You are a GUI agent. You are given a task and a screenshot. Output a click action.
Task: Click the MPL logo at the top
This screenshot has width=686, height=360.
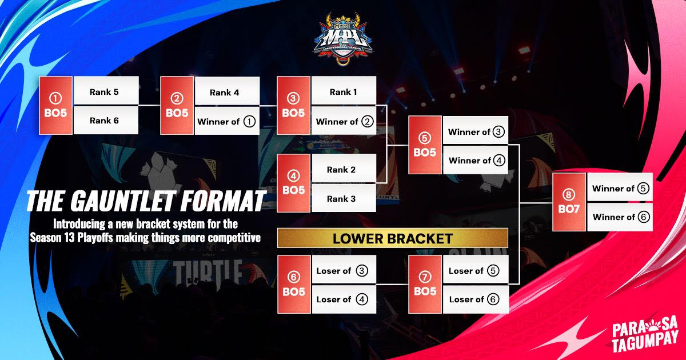click(x=343, y=35)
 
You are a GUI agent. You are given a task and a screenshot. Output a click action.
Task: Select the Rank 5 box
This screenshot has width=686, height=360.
click(x=106, y=91)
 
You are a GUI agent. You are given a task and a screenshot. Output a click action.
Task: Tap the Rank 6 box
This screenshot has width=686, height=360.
click(x=106, y=120)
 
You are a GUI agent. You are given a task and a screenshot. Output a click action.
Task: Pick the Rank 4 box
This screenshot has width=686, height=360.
click(x=227, y=91)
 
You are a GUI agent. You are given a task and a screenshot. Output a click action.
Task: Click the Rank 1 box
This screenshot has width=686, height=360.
click(x=344, y=91)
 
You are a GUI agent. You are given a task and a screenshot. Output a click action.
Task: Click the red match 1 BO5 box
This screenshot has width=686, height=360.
click(x=55, y=106)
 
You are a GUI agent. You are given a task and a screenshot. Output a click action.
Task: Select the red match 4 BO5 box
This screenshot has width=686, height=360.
click(x=294, y=183)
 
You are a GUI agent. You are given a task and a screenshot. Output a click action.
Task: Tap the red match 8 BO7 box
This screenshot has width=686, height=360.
click(x=569, y=202)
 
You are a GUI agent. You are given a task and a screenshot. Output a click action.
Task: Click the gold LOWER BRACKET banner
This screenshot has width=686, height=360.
click(x=392, y=238)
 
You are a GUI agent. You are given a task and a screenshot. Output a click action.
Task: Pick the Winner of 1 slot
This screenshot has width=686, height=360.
click(x=227, y=121)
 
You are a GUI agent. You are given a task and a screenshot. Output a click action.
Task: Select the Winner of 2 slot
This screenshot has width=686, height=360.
click(x=344, y=121)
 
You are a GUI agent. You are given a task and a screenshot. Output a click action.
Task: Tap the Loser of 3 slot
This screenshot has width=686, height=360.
click(x=344, y=271)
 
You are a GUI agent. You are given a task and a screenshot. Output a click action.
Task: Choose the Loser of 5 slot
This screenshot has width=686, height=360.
click(x=476, y=271)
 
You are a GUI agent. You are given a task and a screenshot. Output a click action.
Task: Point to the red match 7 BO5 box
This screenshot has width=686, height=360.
click(x=425, y=285)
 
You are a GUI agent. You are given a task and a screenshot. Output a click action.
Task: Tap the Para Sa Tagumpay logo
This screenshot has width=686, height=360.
click(x=644, y=334)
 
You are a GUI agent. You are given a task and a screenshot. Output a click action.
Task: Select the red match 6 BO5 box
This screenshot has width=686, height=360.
click(x=294, y=285)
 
